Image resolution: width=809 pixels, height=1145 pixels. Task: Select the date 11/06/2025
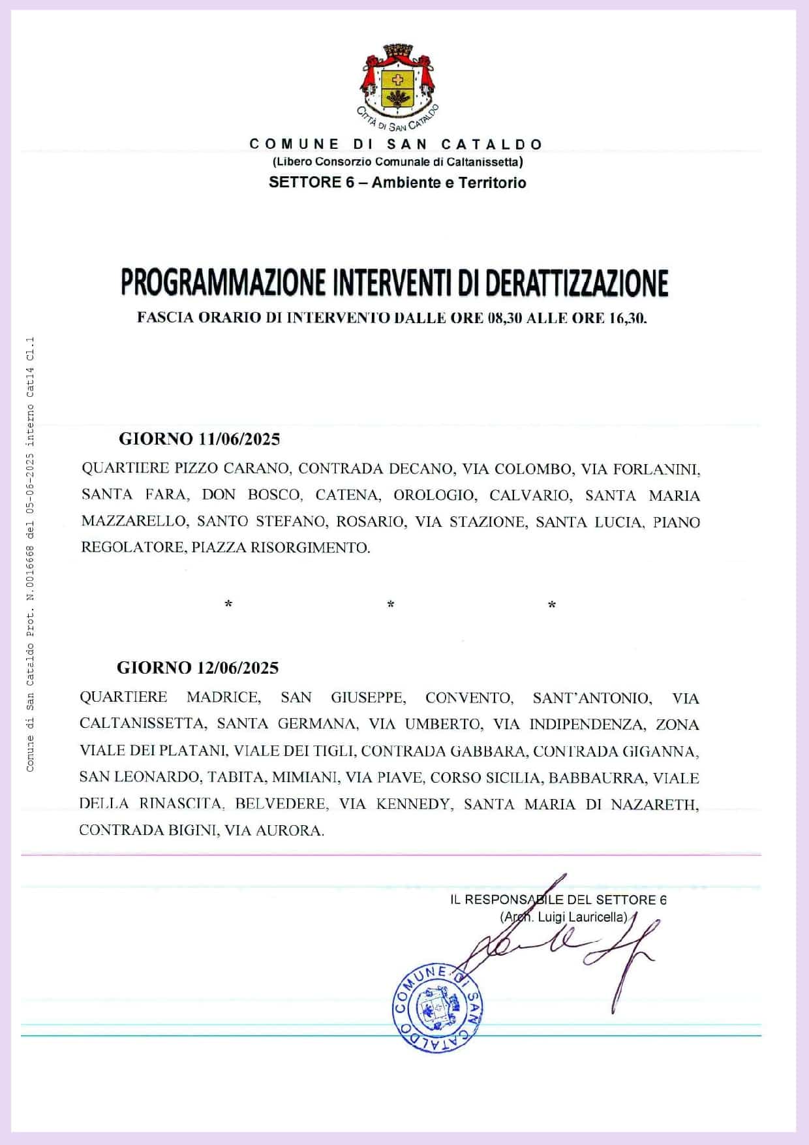pos(239,439)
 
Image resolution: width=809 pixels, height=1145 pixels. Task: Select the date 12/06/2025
pos(237,668)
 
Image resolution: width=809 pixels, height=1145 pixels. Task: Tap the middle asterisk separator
pos(390,604)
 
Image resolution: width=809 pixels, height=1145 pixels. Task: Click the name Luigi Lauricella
pos(581,917)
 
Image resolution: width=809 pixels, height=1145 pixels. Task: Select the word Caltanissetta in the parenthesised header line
pos(485,161)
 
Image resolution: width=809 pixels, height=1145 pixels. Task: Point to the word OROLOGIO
pos(434,495)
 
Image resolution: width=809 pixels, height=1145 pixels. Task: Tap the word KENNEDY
pos(413,804)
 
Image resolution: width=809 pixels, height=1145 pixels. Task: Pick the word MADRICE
pos(223,698)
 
